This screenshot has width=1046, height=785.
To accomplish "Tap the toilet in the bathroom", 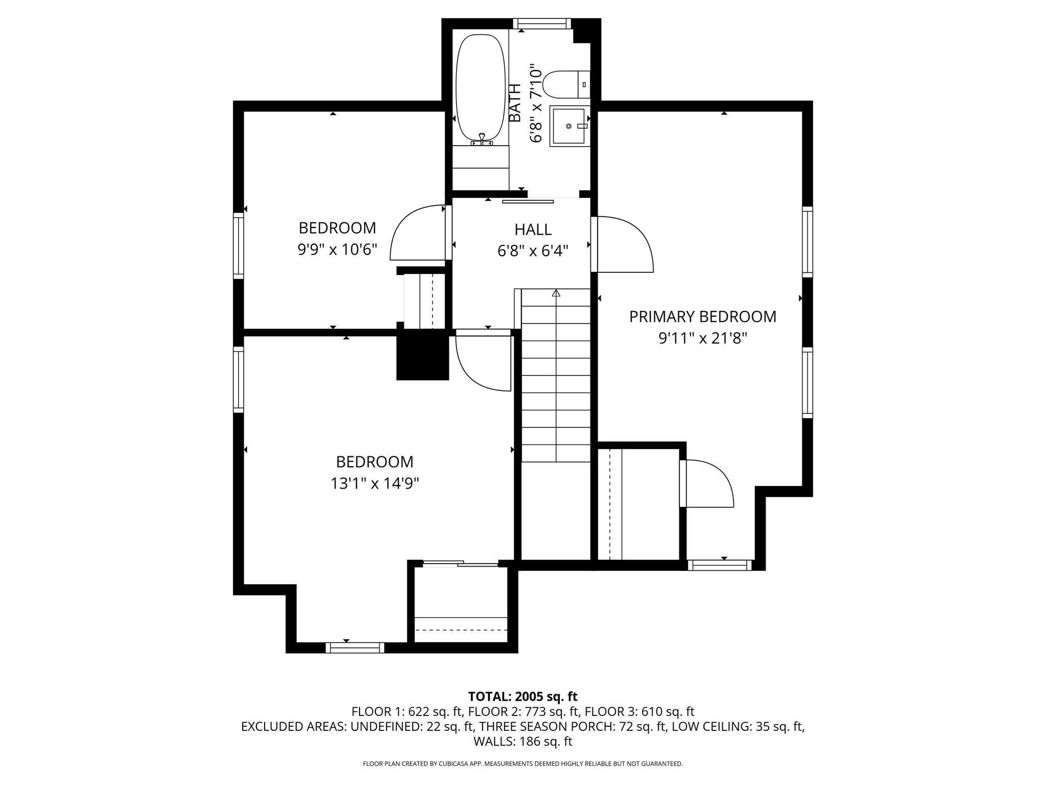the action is (x=566, y=84).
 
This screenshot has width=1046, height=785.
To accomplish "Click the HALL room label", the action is (x=533, y=229).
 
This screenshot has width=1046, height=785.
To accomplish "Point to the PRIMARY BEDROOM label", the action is (x=702, y=317).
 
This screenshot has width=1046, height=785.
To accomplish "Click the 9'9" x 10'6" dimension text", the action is (x=337, y=249).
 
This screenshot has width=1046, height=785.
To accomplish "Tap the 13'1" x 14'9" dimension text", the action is (x=375, y=483).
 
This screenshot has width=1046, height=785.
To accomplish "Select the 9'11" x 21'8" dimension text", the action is (x=703, y=338).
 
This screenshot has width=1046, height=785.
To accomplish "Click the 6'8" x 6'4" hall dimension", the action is (x=533, y=251).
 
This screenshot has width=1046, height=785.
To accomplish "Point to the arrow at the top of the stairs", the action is (x=556, y=293).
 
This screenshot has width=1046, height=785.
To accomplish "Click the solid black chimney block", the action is (x=422, y=355).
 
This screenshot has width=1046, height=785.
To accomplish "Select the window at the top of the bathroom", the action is (x=542, y=24).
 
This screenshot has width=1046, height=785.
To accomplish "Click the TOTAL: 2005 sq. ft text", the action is (x=522, y=696).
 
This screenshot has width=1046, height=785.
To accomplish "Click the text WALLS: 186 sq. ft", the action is (x=522, y=741).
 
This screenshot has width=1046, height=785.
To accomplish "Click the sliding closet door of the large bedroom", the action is (x=460, y=564).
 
